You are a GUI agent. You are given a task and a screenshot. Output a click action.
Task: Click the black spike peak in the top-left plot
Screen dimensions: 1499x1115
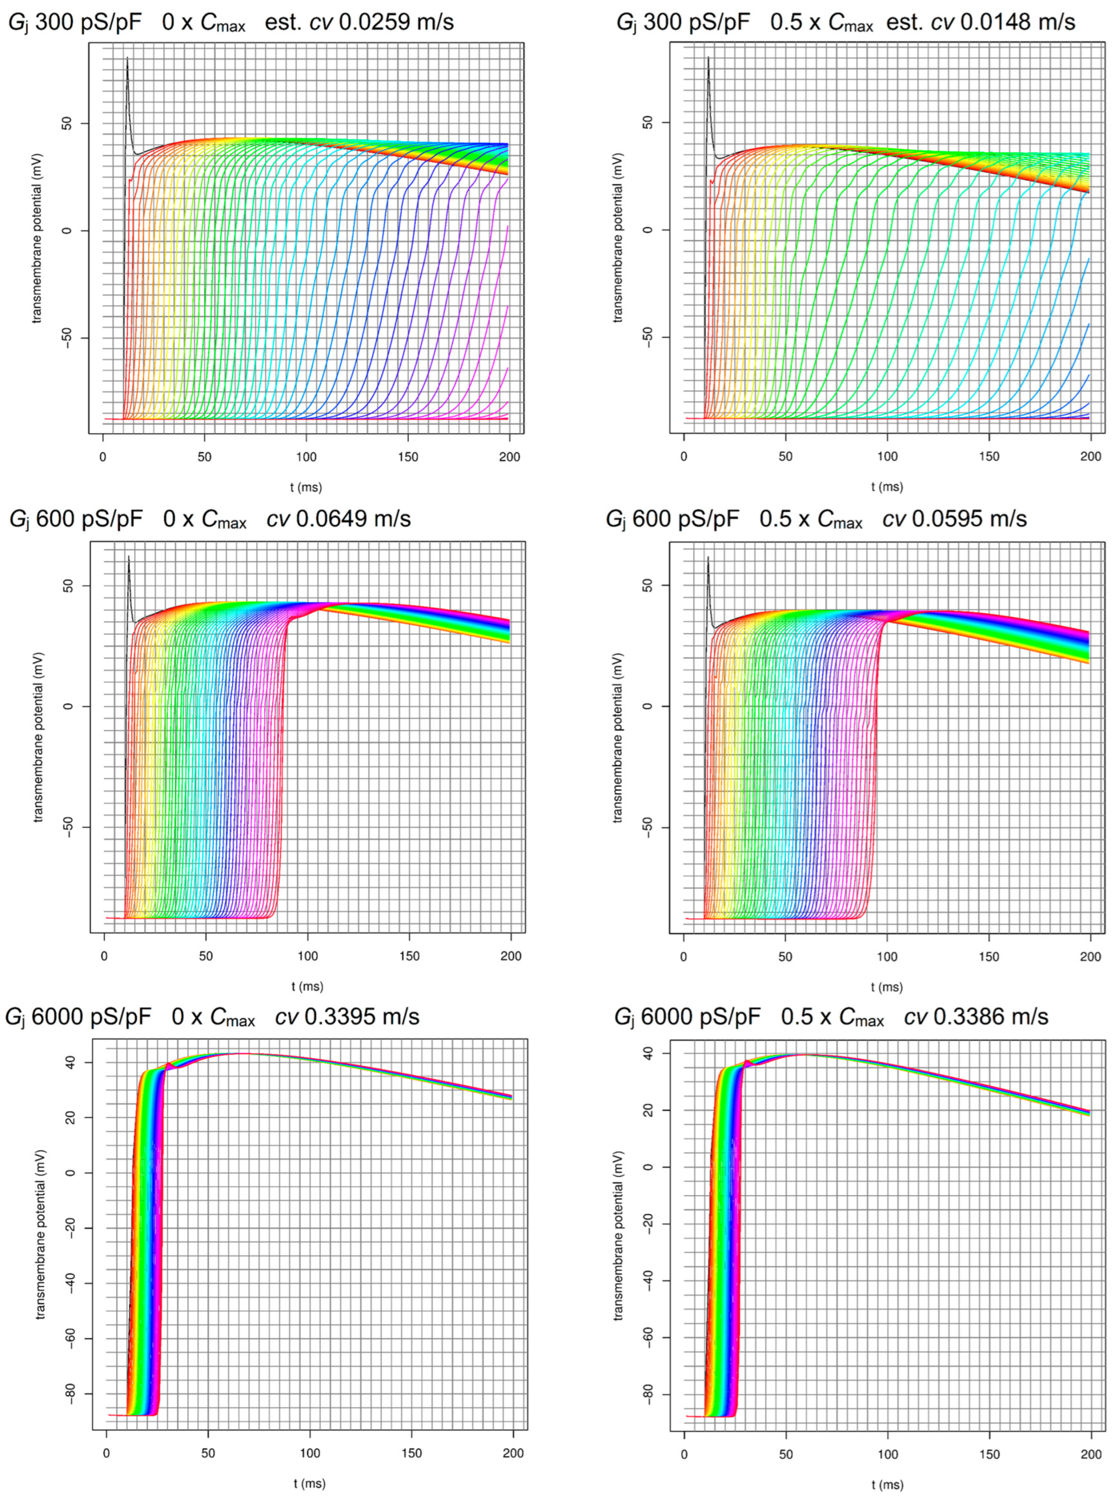pos(127,59)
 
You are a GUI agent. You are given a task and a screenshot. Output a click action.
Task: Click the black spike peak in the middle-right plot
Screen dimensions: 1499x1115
pos(708,558)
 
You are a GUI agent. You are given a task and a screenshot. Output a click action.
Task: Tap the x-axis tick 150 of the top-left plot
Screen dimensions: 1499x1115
pos(408,457)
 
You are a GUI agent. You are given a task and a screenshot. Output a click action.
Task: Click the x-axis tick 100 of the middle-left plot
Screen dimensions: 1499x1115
pos(308,956)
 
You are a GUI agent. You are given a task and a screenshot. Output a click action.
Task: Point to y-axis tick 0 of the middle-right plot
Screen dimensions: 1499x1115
pos(648,706)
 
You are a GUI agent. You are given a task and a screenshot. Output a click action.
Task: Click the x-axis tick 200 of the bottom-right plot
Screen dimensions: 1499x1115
pos(1091,1452)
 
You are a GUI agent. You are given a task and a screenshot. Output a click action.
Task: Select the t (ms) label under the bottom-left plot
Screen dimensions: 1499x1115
pos(309,1483)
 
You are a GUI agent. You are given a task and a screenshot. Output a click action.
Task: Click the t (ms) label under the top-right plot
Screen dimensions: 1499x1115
pos(887,487)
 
